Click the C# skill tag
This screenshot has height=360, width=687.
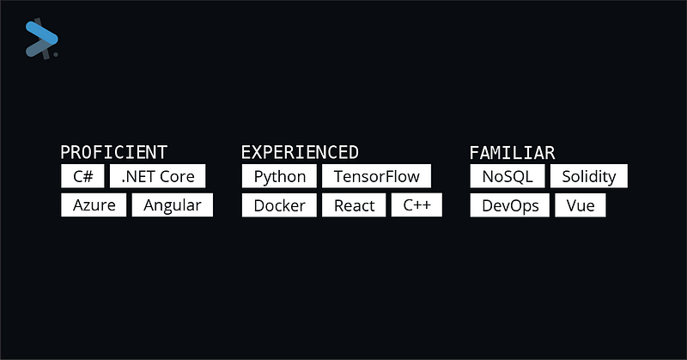pos(82,176)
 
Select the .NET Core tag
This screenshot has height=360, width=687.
pos(158,176)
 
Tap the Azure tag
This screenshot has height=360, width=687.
pos(94,205)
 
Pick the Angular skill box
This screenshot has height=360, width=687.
pos(173,205)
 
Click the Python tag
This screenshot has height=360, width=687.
pos(280,176)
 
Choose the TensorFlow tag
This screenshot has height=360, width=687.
pos(377,176)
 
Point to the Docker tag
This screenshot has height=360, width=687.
pos(280,205)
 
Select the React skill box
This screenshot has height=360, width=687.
pos(354,205)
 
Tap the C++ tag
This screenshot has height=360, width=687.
pos(416,205)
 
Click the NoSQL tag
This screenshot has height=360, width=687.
pos(508,176)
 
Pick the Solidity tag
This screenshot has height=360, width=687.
pos(589,176)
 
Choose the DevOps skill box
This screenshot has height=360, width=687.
pos(510,205)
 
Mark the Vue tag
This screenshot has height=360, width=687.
pos(581,205)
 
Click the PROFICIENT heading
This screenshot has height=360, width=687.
pos(114,153)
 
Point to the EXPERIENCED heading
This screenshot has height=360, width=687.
pos(300,153)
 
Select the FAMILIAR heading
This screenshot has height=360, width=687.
pos(512,153)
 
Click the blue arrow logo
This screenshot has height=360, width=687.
pos(41,39)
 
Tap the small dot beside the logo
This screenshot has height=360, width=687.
pos(56,54)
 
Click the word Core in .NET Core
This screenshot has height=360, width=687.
pos(177,177)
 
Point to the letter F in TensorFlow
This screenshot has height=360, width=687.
pos(391,176)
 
